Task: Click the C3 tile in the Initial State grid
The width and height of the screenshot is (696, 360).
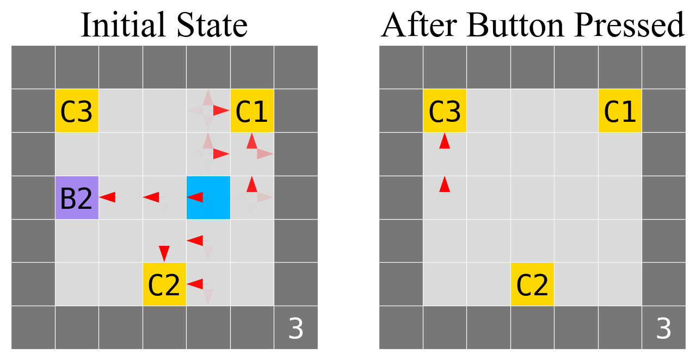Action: point(77,111)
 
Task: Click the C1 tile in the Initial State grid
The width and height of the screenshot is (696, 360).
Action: point(252,111)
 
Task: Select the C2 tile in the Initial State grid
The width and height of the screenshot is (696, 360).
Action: point(164,284)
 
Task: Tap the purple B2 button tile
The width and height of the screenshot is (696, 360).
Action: point(77,197)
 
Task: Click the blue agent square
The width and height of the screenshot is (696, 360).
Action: point(208,197)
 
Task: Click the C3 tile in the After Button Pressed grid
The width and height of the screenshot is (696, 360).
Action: point(445,111)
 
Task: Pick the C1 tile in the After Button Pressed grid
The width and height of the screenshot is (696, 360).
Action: point(620,111)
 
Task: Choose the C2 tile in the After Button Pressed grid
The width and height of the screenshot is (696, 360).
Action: point(532,284)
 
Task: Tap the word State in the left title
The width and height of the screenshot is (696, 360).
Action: point(213,24)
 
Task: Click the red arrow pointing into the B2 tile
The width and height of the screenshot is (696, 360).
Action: point(107,197)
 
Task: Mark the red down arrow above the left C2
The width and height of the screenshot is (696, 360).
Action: point(164,253)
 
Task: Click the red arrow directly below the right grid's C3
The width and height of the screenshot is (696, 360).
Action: point(445,141)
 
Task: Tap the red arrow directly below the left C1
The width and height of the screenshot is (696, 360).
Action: point(251,141)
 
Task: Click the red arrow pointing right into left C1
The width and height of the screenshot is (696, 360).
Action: point(221,110)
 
